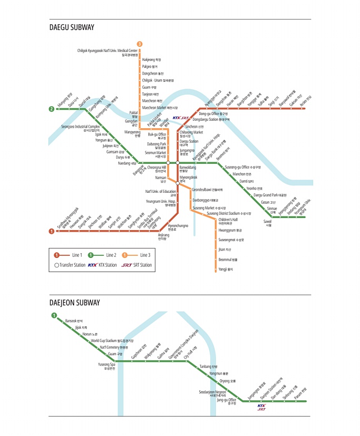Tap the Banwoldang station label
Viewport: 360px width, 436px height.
(188, 169)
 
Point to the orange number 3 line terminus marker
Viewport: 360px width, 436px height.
(139, 44)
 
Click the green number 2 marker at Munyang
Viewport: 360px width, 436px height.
(52, 109)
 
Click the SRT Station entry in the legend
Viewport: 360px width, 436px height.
(138, 265)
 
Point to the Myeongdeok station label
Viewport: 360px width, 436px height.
(189, 178)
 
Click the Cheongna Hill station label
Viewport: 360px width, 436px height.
(157, 169)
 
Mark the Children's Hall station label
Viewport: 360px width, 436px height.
(228, 221)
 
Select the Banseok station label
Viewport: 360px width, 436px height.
(74, 320)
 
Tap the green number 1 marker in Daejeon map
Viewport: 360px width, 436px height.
(54, 315)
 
